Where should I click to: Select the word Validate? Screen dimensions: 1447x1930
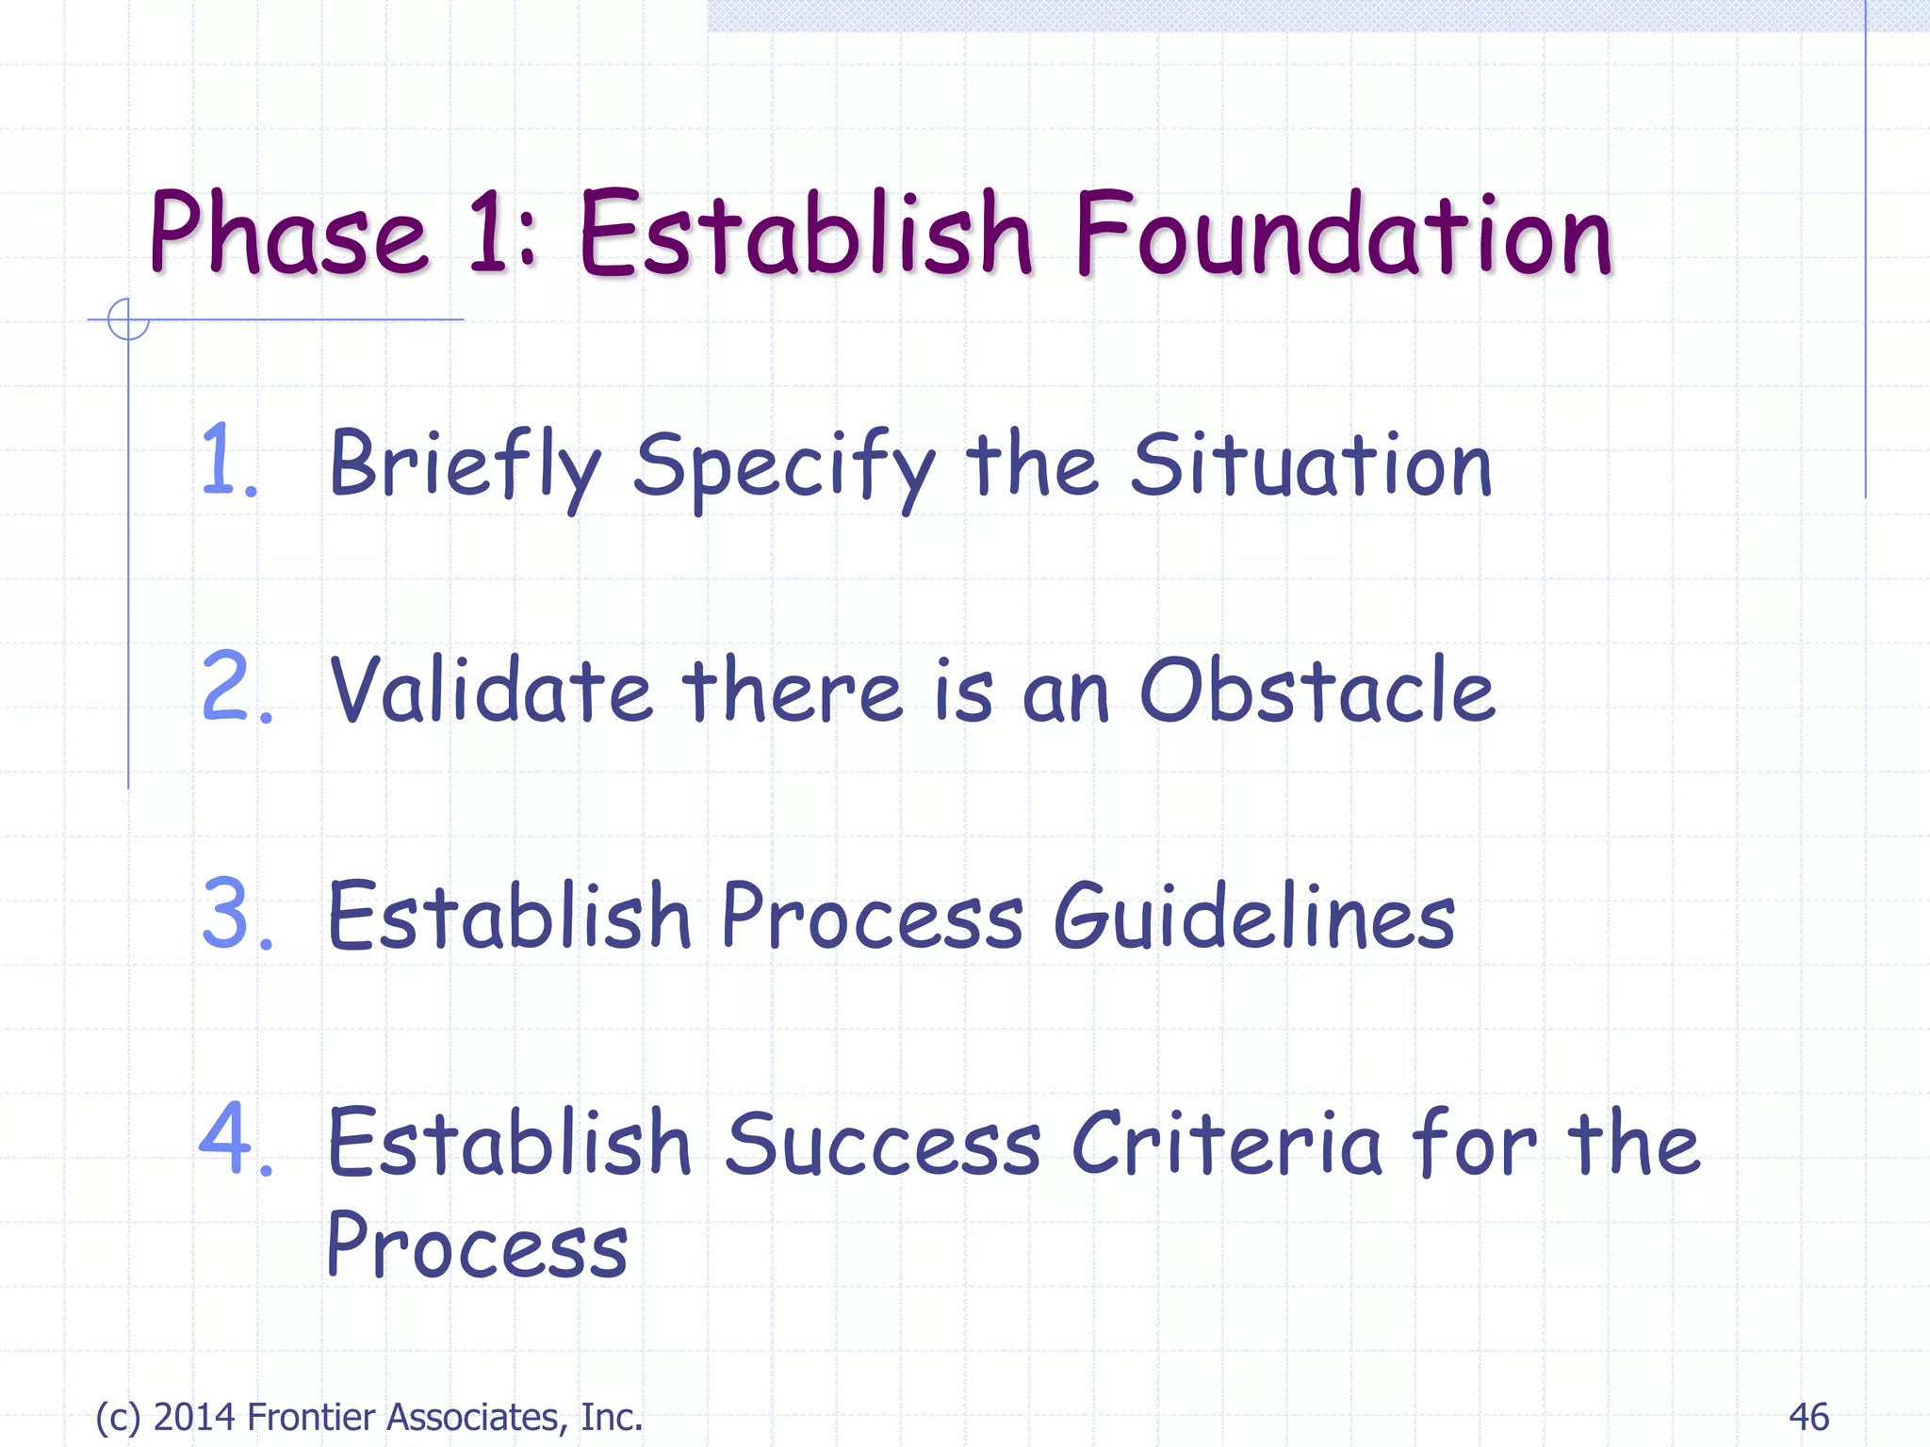point(490,690)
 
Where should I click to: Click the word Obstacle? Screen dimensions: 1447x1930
point(1317,690)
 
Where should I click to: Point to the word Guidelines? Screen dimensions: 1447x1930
point(1253,916)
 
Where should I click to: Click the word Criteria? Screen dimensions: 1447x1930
point(1225,1143)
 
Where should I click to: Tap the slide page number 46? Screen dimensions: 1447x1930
point(1807,1417)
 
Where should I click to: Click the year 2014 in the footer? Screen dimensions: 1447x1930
point(193,1417)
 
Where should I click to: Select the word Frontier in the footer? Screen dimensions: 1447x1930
point(312,1417)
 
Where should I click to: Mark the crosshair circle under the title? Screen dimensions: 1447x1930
point(128,319)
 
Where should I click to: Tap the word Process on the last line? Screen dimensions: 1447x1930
point(477,1245)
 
